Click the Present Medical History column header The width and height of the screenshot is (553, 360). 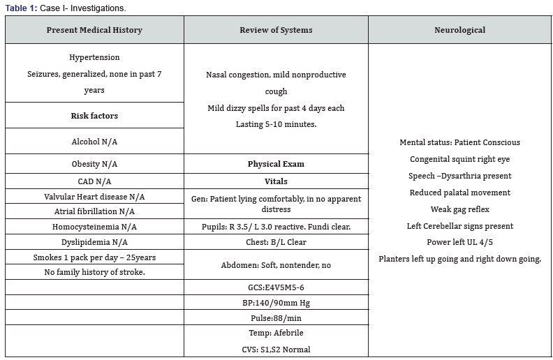94,30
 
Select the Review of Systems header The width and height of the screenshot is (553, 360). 276,30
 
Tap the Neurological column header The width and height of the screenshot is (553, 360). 459,30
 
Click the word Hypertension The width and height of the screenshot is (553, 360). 94,57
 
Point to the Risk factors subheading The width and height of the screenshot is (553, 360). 94,116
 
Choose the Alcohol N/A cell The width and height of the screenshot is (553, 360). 94,142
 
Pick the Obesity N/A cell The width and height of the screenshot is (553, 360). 94,164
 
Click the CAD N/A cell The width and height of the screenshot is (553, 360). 94,181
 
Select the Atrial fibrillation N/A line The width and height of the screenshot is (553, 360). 94,211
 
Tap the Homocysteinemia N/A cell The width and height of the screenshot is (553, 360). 94,227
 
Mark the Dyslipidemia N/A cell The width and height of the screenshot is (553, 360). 94,243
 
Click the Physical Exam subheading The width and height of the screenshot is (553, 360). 276,164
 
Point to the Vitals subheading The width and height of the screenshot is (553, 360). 276,181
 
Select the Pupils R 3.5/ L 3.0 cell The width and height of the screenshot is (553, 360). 276,227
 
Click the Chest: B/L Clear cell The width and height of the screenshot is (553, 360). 276,243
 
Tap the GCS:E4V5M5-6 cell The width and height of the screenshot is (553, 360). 276,287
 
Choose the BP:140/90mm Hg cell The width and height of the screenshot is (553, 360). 276,303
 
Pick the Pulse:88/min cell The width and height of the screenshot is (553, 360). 276,318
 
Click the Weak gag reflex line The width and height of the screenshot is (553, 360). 459,209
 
